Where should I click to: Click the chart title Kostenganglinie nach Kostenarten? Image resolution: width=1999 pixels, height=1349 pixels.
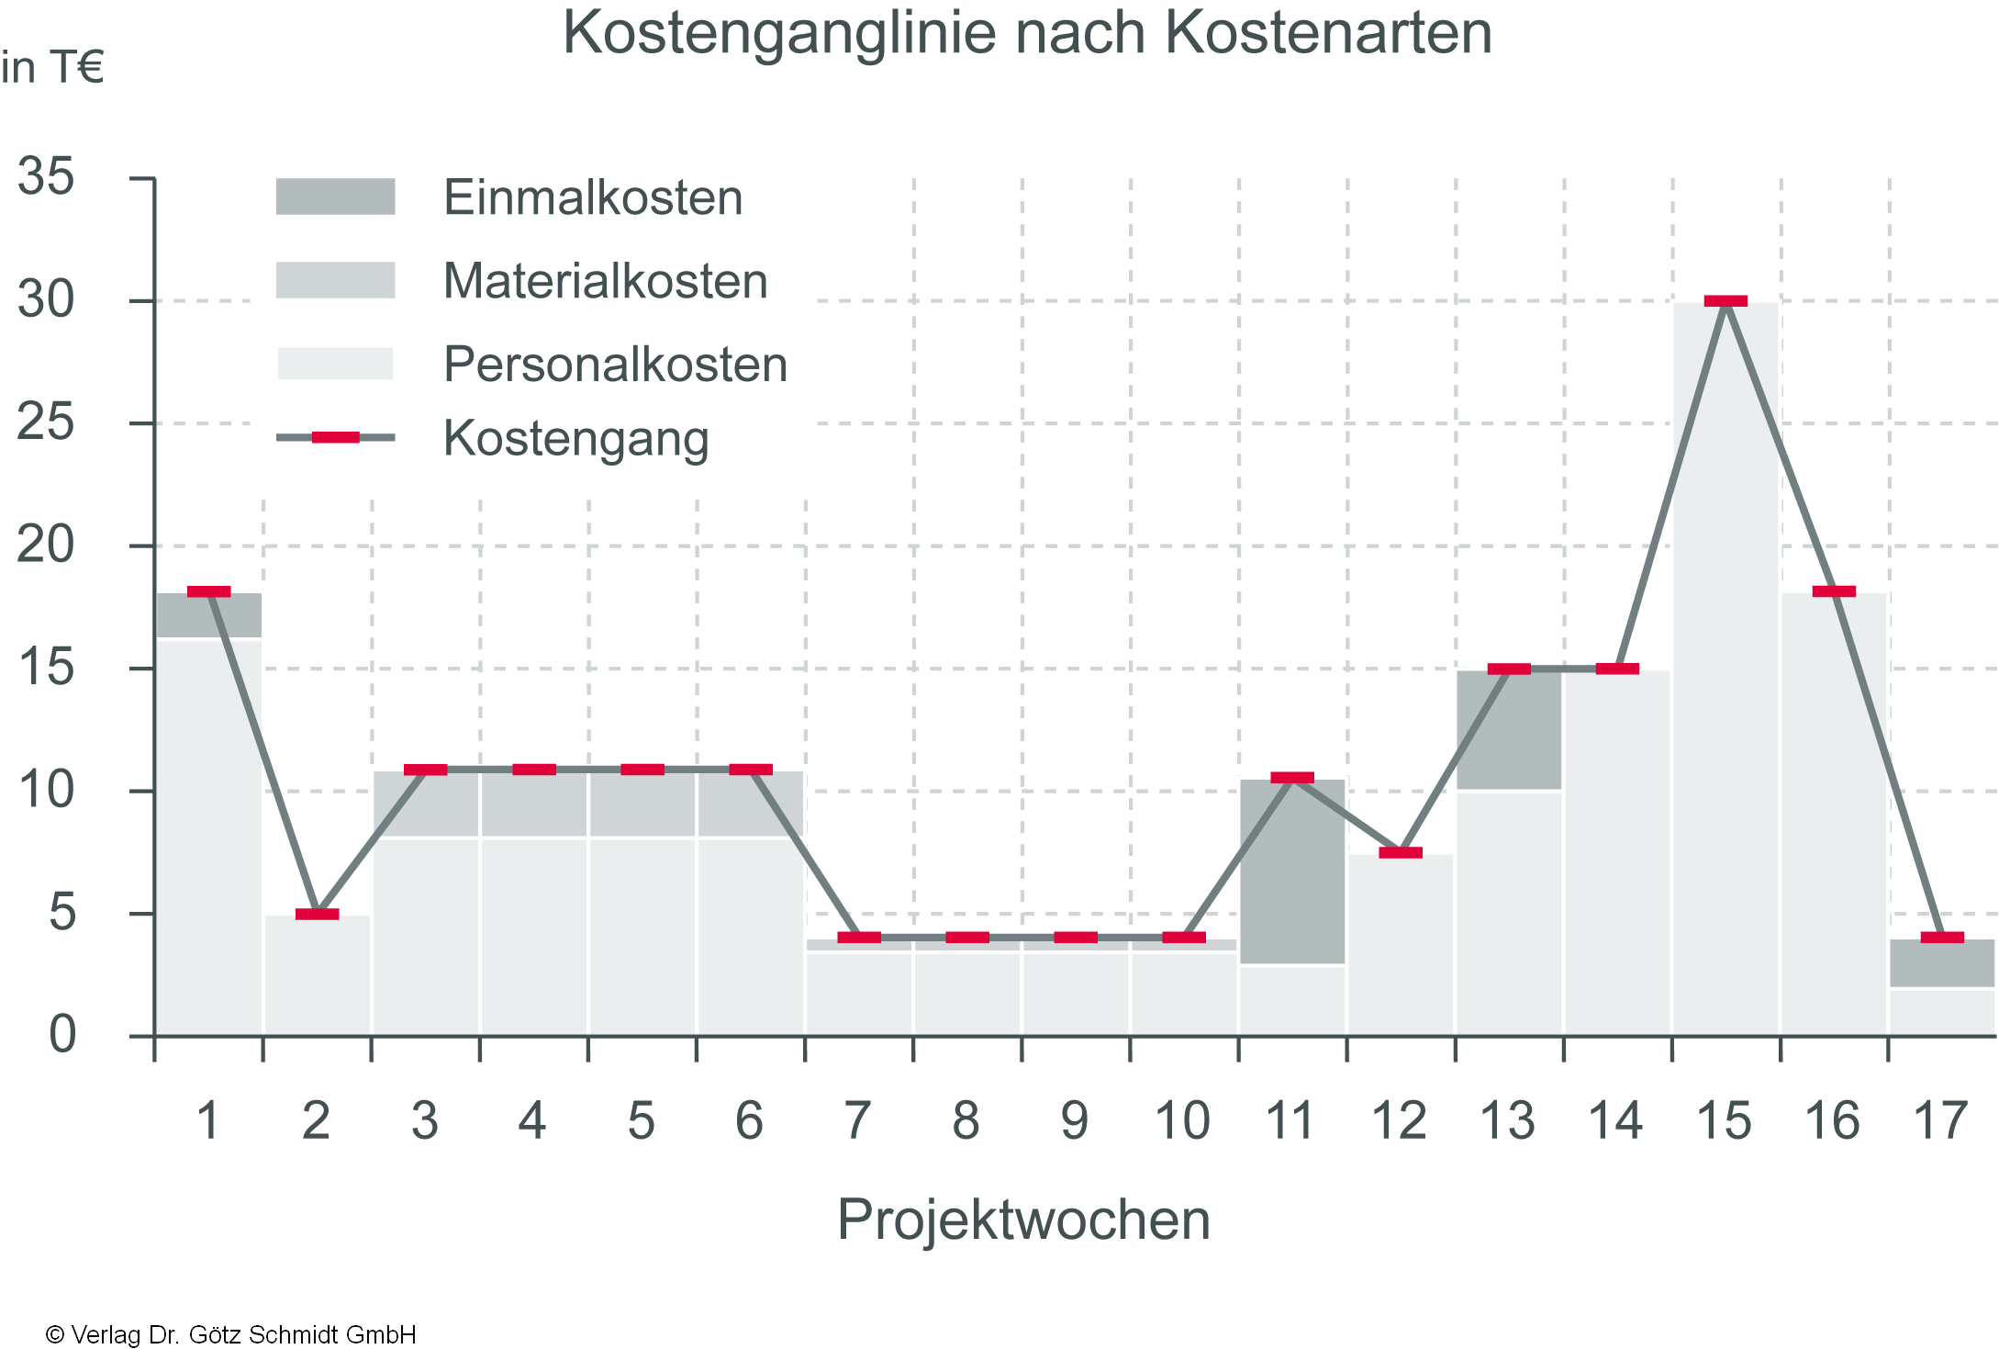point(1027,33)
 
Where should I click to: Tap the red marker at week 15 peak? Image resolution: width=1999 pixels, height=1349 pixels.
point(1725,301)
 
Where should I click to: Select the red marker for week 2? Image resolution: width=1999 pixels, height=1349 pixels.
point(317,914)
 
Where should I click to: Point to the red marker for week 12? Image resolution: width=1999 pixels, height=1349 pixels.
point(1401,853)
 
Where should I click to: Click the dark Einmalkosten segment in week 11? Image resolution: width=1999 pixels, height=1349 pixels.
point(1292,872)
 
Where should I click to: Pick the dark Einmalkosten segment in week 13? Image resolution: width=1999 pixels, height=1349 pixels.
point(1509,730)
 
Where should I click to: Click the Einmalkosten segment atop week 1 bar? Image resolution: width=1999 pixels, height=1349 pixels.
point(208,615)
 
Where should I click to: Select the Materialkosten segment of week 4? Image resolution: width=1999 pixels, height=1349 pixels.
point(533,804)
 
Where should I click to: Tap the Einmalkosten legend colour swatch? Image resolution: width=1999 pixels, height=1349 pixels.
point(335,197)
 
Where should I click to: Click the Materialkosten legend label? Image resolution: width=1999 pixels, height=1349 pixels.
point(605,281)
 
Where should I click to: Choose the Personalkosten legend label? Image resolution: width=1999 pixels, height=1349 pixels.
point(615,365)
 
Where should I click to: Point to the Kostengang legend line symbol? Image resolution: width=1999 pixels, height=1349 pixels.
point(335,437)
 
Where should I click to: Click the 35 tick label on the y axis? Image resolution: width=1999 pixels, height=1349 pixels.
point(46,176)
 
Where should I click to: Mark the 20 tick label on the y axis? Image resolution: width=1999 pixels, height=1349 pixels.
point(46,545)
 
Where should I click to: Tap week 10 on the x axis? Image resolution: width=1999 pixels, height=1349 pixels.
point(1182,1121)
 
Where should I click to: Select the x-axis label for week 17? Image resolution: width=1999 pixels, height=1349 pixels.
point(1940,1121)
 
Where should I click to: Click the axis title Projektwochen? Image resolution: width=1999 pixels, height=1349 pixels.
point(1023,1220)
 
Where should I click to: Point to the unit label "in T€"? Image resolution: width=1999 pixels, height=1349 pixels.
point(52,68)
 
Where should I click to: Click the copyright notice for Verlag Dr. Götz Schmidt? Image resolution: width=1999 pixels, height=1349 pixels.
point(230,1334)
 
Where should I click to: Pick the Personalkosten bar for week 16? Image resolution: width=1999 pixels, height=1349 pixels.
point(1834,817)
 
